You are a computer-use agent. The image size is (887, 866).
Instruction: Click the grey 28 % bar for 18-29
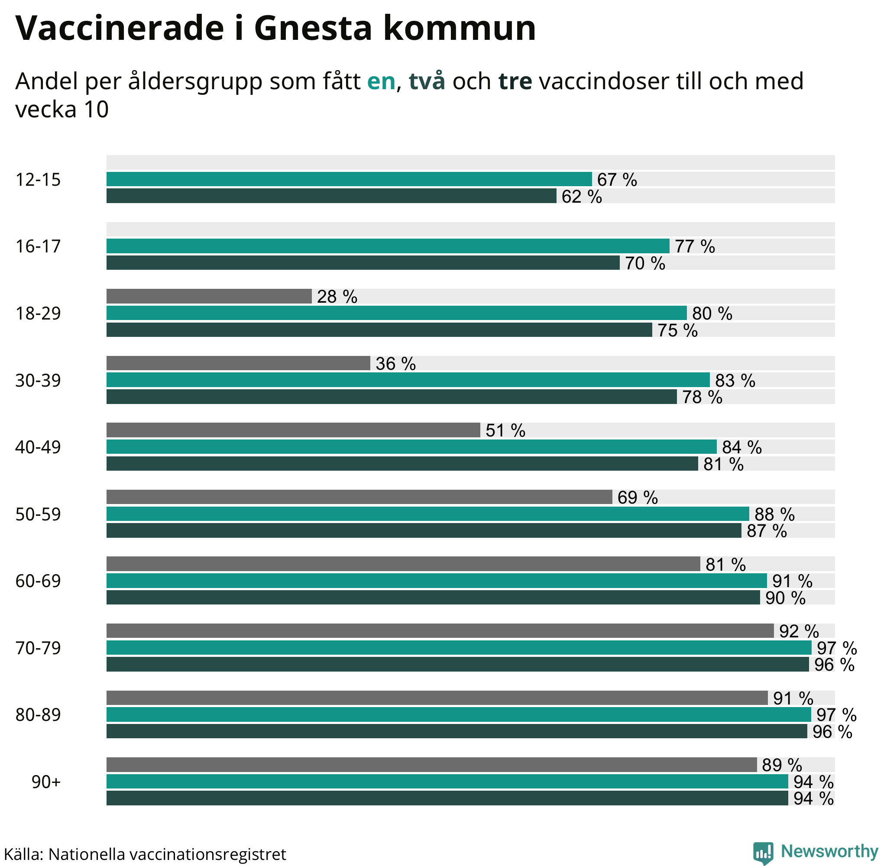(x=209, y=296)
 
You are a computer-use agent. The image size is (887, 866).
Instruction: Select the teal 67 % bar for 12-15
(x=349, y=179)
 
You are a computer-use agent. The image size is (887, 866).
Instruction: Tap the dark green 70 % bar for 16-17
(x=363, y=263)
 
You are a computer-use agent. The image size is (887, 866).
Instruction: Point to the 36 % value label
(x=395, y=364)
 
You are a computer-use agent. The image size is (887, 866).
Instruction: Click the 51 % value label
(x=505, y=430)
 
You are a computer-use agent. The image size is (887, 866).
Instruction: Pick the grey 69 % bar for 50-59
(x=359, y=497)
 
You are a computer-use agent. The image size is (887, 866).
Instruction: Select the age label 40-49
(x=38, y=448)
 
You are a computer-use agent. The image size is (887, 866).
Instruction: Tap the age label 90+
(x=46, y=782)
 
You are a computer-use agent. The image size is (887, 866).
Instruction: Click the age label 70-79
(x=38, y=648)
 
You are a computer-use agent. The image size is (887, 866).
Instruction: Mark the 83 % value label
(x=735, y=381)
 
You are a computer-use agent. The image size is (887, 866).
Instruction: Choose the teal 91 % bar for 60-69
(x=436, y=581)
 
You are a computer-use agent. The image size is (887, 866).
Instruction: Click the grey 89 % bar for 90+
(x=431, y=765)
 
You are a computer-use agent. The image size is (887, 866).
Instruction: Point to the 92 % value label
(x=799, y=631)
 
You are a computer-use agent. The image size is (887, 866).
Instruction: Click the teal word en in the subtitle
(x=381, y=81)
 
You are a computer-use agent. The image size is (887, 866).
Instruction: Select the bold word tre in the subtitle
(x=515, y=81)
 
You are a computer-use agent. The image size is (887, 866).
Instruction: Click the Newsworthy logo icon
(x=763, y=852)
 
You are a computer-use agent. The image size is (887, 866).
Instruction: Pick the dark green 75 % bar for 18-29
(x=379, y=330)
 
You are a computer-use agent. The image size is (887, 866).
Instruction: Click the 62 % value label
(x=581, y=197)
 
